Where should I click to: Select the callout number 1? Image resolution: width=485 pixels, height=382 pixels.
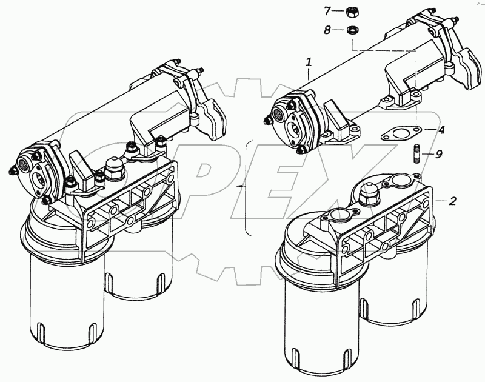[309, 62]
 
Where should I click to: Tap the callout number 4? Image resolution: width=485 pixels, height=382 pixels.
[443, 129]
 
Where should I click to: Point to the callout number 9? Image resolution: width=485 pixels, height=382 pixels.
[439, 154]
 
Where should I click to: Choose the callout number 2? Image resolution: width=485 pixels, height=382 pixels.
[452, 201]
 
